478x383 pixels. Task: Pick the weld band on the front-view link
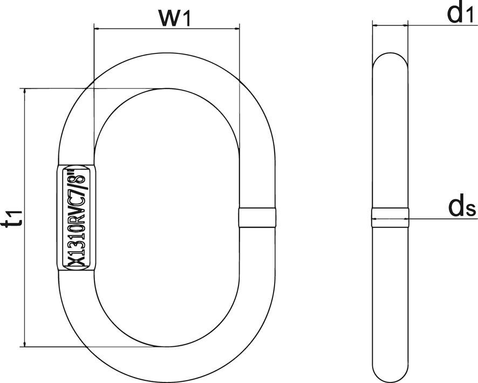(x=257, y=217)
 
